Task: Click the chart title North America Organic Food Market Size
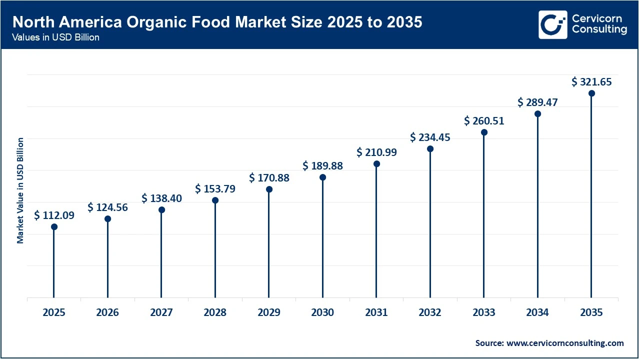click(x=217, y=22)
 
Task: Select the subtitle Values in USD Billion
click(x=56, y=38)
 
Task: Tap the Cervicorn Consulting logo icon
click(x=552, y=24)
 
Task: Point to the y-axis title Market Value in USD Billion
click(x=20, y=190)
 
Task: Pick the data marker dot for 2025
click(x=54, y=227)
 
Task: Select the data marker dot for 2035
click(x=591, y=93)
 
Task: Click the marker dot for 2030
click(x=322, y=177)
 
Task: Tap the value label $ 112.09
click(x=54, y=215)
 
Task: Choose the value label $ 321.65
click(x=591, y=81)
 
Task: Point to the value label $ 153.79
click(x=215, y=188)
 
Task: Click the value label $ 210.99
click(x=376, y=152)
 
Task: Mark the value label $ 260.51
click(x=484, y=120)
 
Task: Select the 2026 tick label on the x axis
click(x=107, y=312)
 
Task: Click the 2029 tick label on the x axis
click(x=269, y=312)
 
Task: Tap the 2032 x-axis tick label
click(x=430, y=312)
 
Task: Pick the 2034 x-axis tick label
click(x=537, y=312)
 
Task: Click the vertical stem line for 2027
click(x=161, y=255)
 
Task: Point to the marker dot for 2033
click(x=484, y=132)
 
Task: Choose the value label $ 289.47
click(x=537, y=102)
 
